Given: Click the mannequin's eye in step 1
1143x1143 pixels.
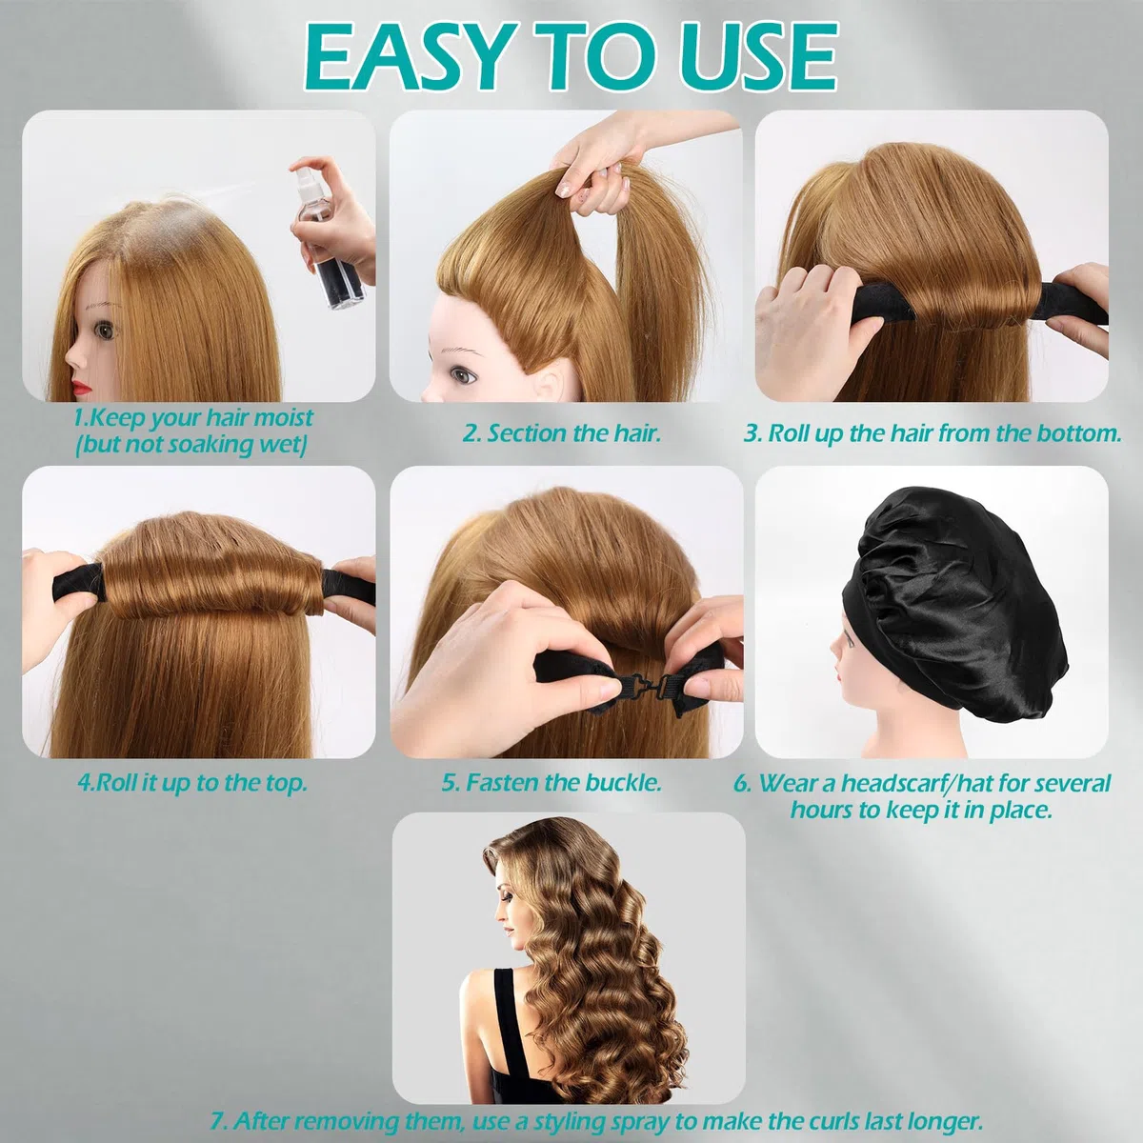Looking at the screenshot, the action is tap(108, 330).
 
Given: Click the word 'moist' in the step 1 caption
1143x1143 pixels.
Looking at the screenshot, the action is tap(283, 418).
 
